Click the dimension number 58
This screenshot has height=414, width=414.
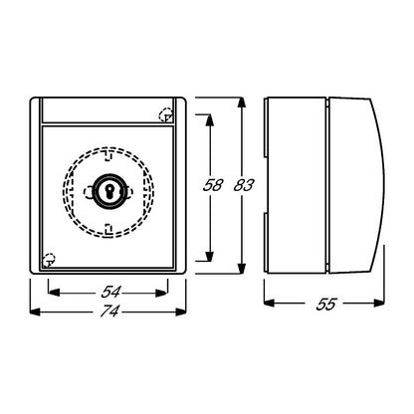click(213, 185)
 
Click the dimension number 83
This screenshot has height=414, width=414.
click(244, 185)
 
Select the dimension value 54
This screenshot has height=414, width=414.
click(111, 293)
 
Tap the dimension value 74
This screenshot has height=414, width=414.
click(109, 311)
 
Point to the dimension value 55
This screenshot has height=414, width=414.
click(326, 305)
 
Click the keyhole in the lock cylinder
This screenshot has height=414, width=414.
click(108, 190)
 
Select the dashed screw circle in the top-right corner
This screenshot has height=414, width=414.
click(166, 114)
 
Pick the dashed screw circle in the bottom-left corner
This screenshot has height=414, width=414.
click(49, 260)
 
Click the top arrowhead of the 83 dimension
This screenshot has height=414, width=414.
click(242, 103)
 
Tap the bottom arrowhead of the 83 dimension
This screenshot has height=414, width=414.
click(242, 269)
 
